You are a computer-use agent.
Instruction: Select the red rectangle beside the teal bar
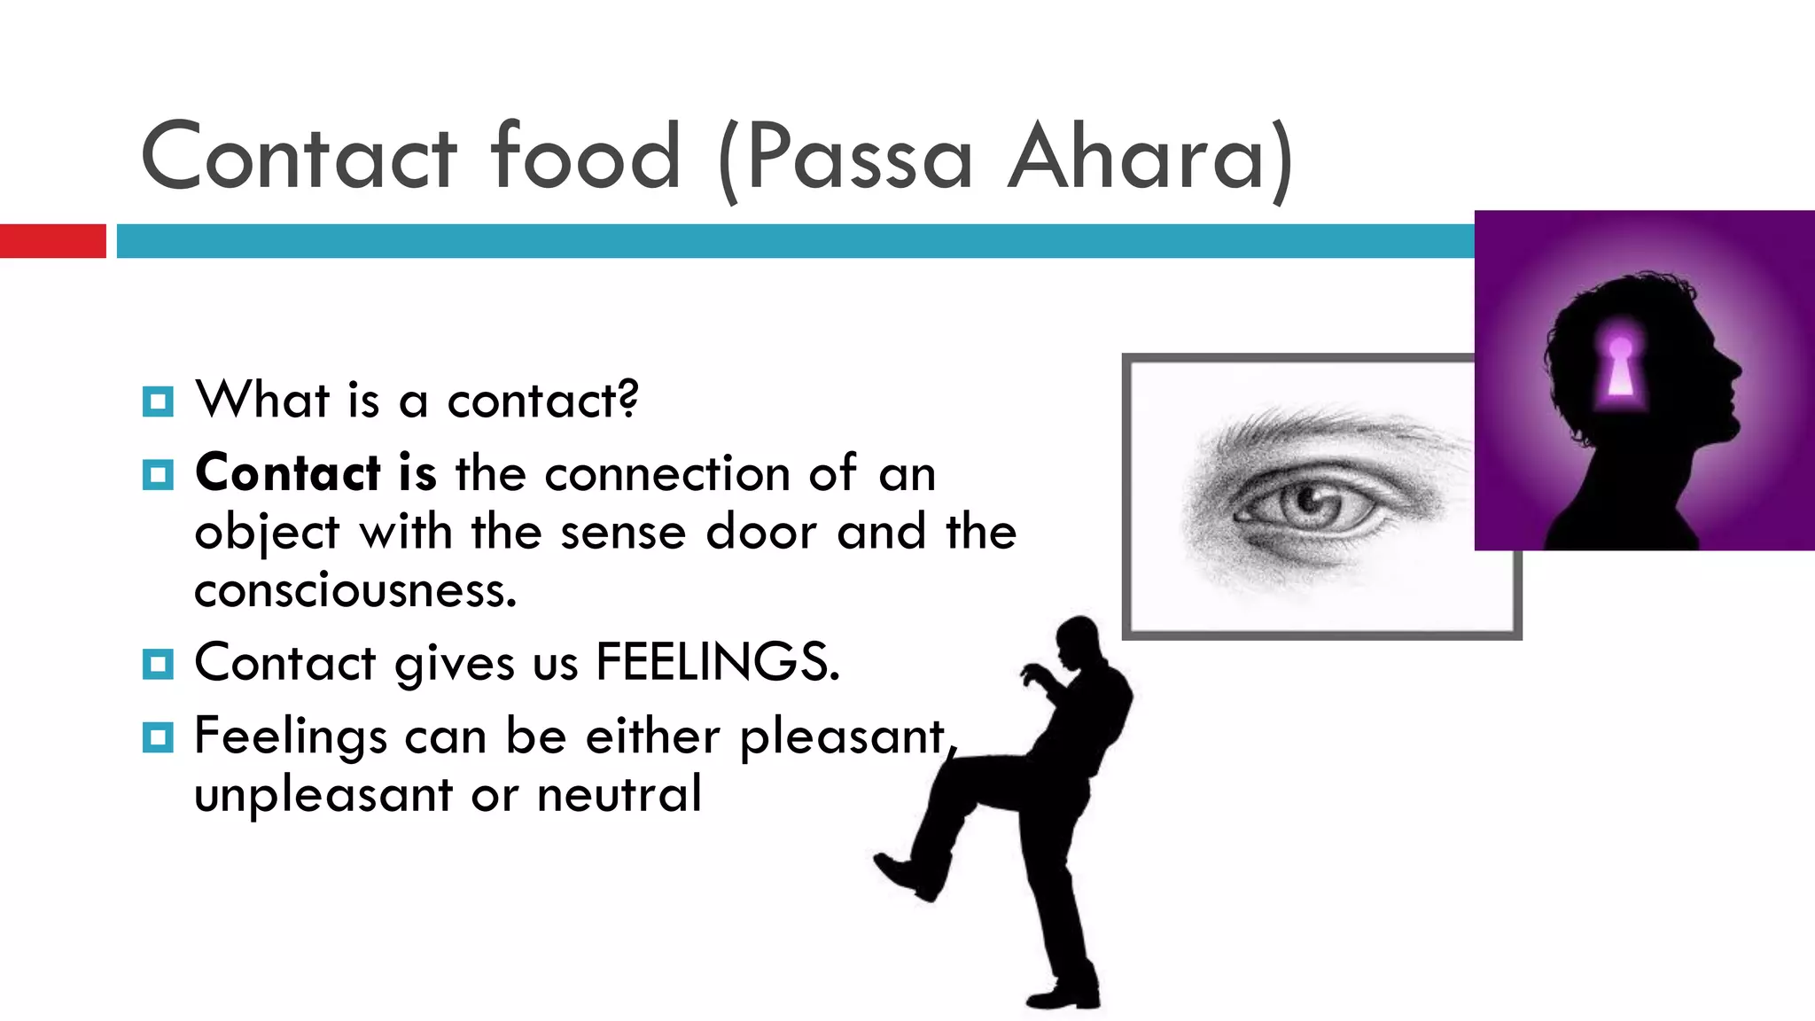[52, 241]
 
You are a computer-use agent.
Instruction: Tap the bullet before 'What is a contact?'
[158, 401]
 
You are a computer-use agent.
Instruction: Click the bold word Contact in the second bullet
[288, 472]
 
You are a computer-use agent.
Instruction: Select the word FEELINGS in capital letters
[717, 662]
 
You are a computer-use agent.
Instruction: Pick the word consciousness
[354, 590]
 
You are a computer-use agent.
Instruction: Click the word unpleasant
[323, 794]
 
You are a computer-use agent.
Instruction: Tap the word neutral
[619, 794]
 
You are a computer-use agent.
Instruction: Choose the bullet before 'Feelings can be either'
[158, 737]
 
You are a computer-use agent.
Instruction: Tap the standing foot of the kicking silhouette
[1063, 996]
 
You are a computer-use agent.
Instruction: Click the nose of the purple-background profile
[1734, 369]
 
